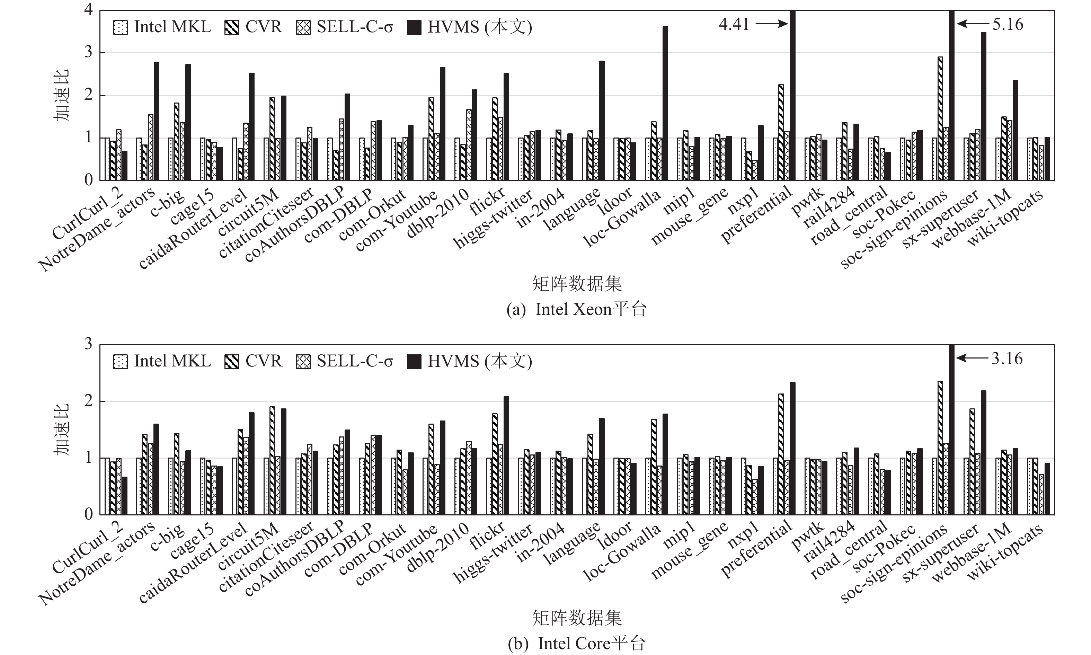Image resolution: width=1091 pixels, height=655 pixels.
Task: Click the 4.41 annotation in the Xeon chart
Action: pos(734,24)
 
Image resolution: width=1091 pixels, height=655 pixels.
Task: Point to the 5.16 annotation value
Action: pos(1008,24)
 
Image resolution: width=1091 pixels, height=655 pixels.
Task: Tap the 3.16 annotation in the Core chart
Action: pos(1007,359)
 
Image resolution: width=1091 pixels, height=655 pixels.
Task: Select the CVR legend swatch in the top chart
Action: pos(232,27)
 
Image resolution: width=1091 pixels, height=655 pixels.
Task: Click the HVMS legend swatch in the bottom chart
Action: pos(414,362)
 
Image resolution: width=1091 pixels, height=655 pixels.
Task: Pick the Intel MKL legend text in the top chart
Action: pos(172,27)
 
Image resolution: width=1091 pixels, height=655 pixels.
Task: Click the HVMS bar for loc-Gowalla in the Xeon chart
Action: pos(665,104)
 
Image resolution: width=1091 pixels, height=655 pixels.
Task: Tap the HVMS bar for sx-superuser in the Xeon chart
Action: pos(983,106)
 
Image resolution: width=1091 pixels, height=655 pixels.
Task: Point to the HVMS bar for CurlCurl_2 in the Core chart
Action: pos(124,495)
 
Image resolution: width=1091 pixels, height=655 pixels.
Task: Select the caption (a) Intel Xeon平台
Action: pos(576,309)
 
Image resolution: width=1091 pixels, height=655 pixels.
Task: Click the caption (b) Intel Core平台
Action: pos(576,644)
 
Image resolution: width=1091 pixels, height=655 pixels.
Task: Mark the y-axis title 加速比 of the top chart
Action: pos(61,95)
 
